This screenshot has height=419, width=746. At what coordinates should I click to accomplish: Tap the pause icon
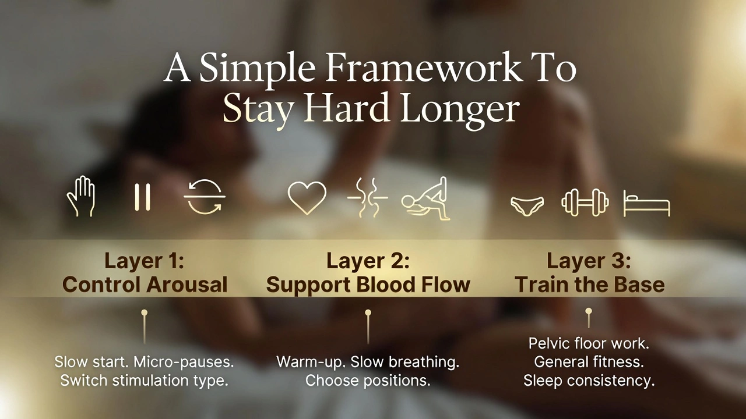coord(142,197)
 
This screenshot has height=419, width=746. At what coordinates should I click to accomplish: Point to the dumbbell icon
coord(585,202)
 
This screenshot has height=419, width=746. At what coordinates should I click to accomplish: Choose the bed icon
coord(646,204)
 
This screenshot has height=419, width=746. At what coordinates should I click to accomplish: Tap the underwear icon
coord(527,205)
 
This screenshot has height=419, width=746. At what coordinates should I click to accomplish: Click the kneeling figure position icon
coord(426,200)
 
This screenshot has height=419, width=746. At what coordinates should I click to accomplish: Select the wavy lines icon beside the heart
coord(367,198)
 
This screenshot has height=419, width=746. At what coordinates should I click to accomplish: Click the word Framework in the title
coord(424,68)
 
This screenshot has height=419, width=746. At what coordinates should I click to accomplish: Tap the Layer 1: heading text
coord(145,261)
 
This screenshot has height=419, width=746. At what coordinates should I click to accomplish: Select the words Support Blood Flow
coord(368,285)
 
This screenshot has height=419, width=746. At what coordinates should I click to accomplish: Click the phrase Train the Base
coord(589,285)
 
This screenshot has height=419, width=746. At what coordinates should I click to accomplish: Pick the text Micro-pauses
coord(184,362)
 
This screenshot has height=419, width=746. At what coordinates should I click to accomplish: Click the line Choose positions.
coord(368,381)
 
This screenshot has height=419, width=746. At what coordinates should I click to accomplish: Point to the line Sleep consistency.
coord(589,381)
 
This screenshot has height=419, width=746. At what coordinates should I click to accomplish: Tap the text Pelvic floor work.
coord(589,343)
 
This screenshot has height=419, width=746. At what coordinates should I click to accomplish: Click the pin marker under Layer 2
coord(368,314)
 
